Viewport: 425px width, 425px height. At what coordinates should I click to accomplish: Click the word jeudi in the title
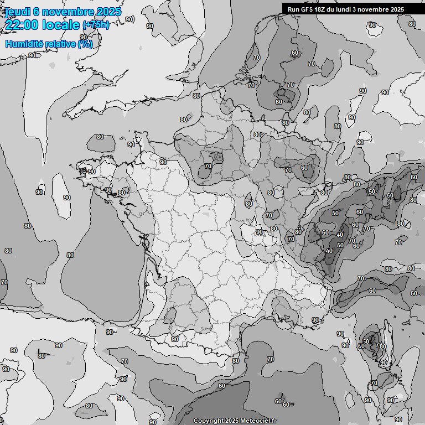click(17, 12)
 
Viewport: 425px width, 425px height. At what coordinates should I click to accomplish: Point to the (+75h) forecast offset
click(96, 25)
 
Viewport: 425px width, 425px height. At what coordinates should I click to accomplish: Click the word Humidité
click(23, 44)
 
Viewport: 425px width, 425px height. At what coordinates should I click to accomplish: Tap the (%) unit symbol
click(85, 44)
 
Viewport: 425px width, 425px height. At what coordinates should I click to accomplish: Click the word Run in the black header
click(293, 9)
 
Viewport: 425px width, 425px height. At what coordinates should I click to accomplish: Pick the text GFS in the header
click(307, 9)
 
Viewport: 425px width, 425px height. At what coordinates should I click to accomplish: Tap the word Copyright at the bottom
click(208, 421)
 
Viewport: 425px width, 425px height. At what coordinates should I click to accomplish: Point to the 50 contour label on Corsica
click(366, 341)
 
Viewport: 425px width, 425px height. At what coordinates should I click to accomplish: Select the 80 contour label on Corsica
click(383, 347)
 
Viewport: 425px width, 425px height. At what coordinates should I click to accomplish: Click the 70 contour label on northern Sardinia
click(374, 383)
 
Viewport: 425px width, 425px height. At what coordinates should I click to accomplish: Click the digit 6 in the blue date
click(36, 12)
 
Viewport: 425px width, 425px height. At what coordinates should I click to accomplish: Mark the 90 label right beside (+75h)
click(129, 19)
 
